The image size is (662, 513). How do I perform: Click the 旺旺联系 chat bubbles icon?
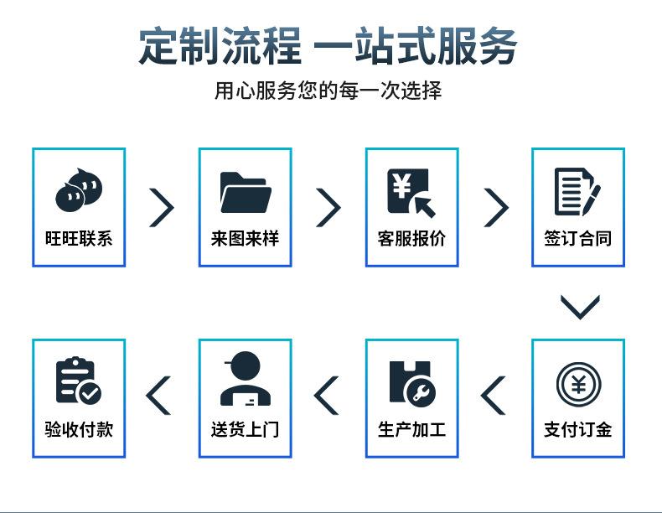tap(78, 190)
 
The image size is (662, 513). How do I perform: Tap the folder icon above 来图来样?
tap(245, 192)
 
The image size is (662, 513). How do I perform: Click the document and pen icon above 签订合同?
tap(577, 192)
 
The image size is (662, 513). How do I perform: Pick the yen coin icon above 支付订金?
tap(578, 383)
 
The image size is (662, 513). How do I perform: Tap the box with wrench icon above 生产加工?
tap(411, 383)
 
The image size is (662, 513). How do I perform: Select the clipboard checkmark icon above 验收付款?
tap(78, 382)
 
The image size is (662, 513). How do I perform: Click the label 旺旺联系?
tap(78, 238)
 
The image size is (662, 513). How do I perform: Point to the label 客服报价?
tap(411, 238)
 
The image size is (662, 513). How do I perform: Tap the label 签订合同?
tap(578, 238)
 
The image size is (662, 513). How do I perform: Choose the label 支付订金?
tap(578, 430)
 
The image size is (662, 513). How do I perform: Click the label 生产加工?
tap(411, 430)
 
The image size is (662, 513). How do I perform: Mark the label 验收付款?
tap(78, 430)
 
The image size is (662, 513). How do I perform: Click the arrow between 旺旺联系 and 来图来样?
tap(162, 207)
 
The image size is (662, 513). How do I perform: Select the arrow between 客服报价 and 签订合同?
tap(496, 207)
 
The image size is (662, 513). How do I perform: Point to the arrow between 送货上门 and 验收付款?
tap(159, 396)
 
